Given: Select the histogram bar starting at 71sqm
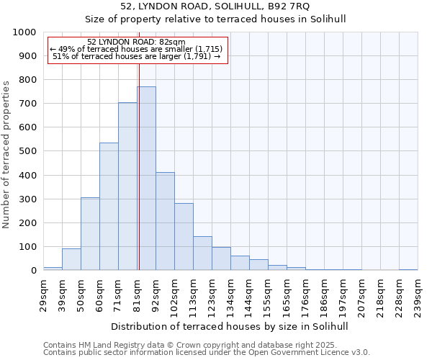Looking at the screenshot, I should (x=127, y=186).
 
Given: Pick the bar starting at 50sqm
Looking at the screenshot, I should (x=90, y=234).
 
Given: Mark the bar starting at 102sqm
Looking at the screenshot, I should (x=184, y=237).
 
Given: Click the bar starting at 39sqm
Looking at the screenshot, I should (x=71, y=259).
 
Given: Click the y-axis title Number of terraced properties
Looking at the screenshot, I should (x=7, y=154).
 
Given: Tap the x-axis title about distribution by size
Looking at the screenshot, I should (x=230, y=326).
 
